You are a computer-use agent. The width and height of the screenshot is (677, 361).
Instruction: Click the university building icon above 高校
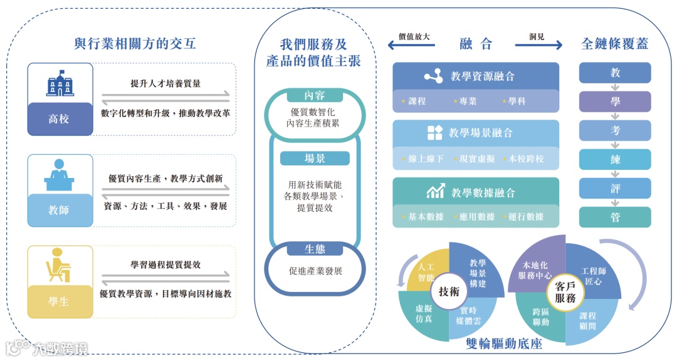coord(60,83)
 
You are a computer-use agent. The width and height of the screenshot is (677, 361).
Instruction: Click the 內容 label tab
coord(315,95)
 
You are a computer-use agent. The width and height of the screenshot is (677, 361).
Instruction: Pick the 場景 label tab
coord(315,158)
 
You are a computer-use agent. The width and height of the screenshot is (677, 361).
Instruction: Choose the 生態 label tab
coord(315,249)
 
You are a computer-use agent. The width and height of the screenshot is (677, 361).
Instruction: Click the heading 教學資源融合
coord(482,76)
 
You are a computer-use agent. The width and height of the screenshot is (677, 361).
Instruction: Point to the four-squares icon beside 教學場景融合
coord(434,133)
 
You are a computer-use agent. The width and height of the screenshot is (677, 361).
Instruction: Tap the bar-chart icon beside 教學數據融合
coord(435,191)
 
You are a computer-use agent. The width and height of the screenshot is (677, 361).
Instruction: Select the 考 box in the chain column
coord(615,130)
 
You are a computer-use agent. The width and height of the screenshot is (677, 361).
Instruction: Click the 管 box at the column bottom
coord(615,217)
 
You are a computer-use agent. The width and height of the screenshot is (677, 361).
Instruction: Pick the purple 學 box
coord(615,102)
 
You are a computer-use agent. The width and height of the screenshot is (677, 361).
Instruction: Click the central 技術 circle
coord(449,291)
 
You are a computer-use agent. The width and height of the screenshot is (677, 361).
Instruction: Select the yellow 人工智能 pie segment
coord(426,270)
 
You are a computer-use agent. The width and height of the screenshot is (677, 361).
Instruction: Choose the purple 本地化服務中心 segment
coord(536,266)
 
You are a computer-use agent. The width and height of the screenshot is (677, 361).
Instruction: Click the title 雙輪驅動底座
coord(504,344)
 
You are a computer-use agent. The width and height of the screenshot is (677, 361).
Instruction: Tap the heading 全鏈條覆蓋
coord(614,44)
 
